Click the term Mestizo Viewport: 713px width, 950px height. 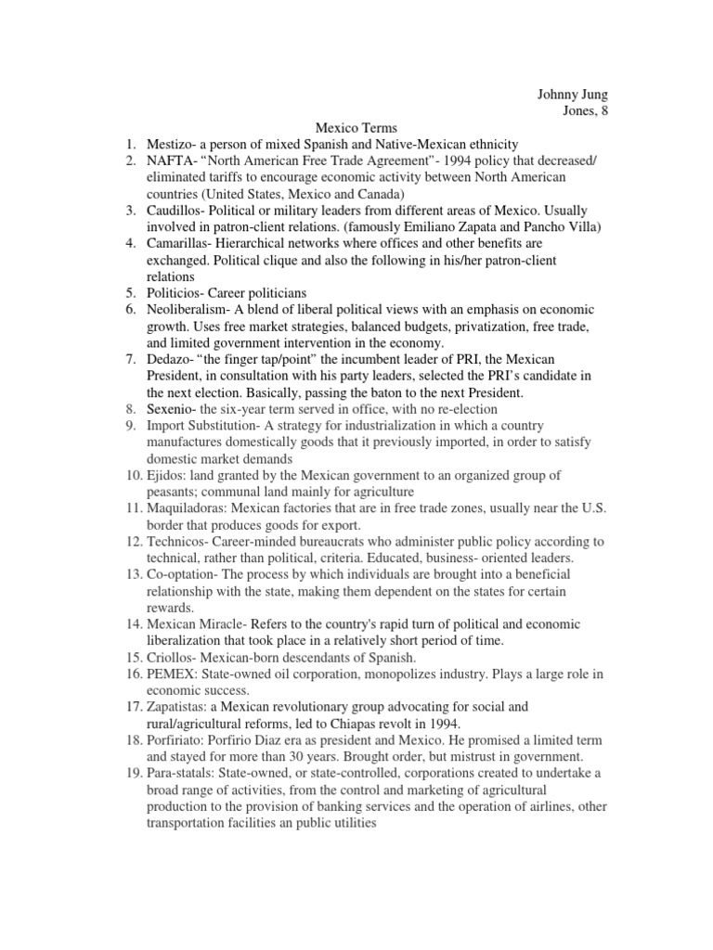pyautogui.click(x=173, y=144)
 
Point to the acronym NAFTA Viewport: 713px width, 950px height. pyautogui.click(x=172, y=160)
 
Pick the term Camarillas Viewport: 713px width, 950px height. pyautogui.click(x=183, y=244)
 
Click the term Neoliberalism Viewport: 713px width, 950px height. pyautogui.click(x=193, y=309)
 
